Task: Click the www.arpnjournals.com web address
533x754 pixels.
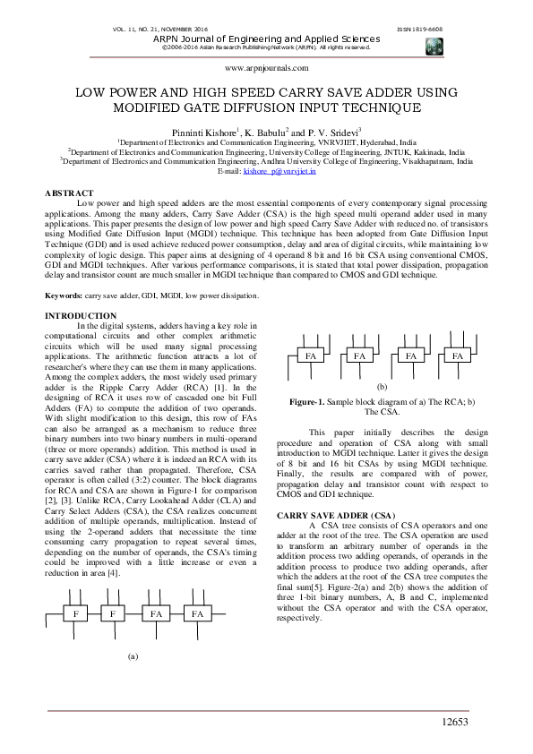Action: click(x=265, y=67)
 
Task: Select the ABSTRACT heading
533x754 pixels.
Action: click(x=69, y=193)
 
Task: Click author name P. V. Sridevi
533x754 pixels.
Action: click(x=316, y=131)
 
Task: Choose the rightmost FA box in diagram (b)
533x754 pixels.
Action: click(x=458, y=356)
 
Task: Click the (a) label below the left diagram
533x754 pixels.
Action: click(x=133, y=681)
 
